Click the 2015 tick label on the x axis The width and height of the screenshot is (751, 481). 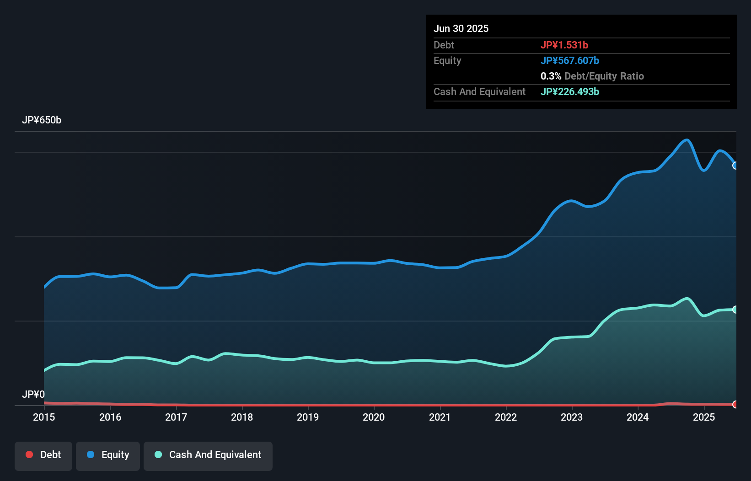coord(44,417)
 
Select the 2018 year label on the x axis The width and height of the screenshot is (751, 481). coord(242,417)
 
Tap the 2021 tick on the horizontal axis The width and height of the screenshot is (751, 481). coord(440,417)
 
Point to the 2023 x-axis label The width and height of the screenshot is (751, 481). coord(572,417)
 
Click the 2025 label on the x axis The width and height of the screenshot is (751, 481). coord(703,417)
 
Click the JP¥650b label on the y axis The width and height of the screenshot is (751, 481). coord(42,120)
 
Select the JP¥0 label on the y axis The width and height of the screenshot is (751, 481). coord(33,394)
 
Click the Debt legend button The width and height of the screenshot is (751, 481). coord(43,455)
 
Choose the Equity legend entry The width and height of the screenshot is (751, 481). coord(108,455)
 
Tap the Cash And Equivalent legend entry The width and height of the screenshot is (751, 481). coord(208,455)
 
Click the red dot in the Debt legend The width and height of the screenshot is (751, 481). coord(29,454)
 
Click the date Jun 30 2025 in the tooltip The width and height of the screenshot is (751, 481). coord(461,28)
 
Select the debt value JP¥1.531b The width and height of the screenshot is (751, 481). coord(564,45)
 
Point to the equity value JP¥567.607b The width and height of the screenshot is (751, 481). coord(570,60)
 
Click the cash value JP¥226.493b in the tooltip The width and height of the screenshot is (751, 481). coord(570,91)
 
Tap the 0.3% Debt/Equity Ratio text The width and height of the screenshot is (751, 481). coord(592,76)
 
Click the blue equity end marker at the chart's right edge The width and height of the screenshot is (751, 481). coord(735,166)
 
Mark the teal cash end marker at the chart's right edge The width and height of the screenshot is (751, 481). coord(735,310)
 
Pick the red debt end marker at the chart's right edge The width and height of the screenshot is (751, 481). coord(735,404)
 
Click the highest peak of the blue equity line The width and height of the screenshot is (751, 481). coord(687,140)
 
